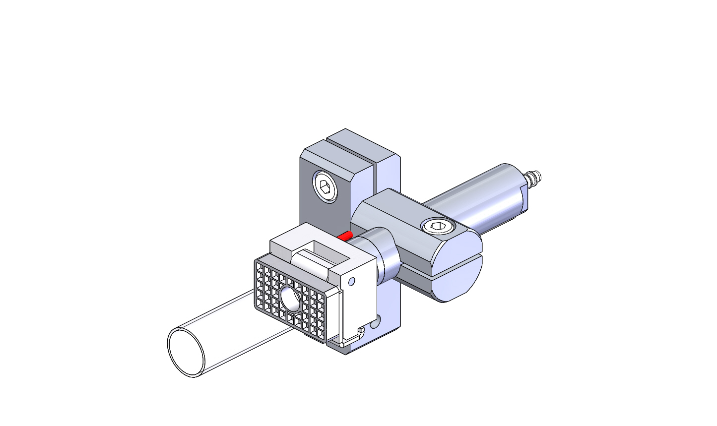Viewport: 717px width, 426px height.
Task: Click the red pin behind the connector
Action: pyautogui.click(x=345, y=235)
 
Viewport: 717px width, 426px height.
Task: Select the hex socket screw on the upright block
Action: pyautogui.click(x=325, y=187)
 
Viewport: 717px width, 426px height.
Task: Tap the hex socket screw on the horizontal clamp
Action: pyautogui.click(x=438, y=227)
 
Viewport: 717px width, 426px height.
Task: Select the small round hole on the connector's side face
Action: pyautogui.click(x=352, y=282)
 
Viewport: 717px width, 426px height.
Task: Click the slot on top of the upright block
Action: pyautogui.click(x=350, y=148)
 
